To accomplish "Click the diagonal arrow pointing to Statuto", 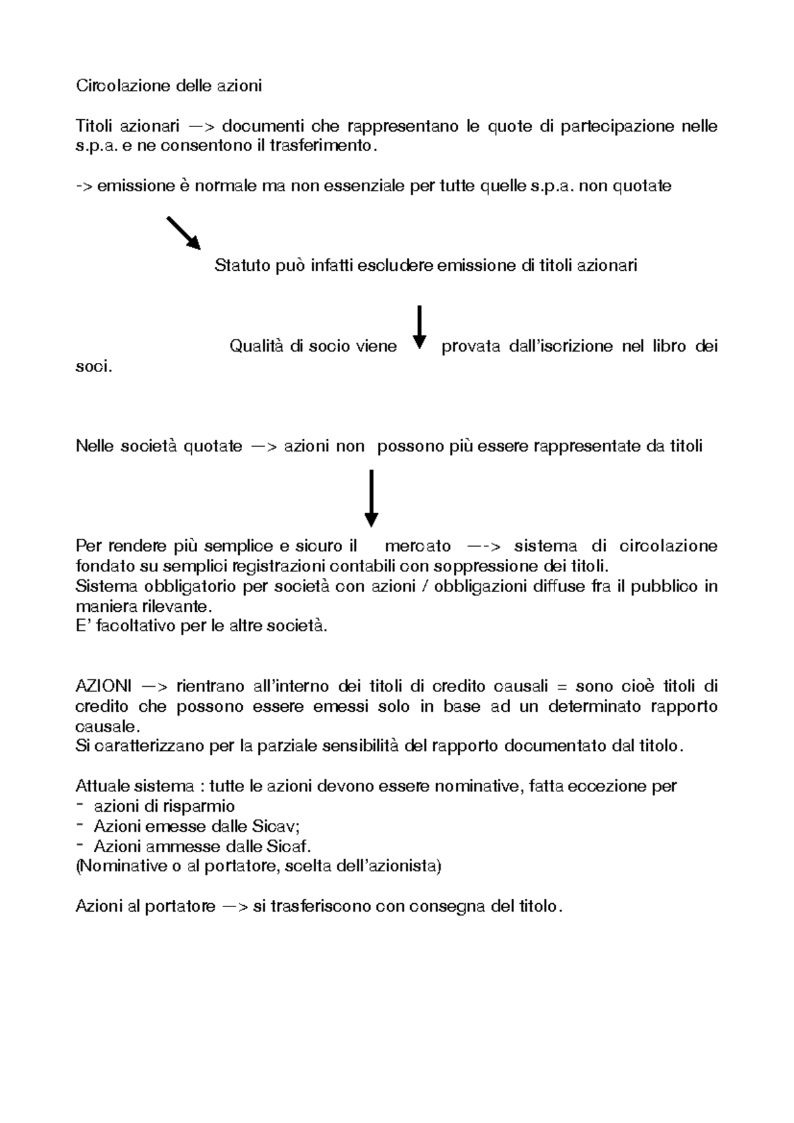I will (x=183, y=232).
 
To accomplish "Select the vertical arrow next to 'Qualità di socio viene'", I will (x=419, y=326).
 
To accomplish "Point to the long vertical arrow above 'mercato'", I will (x=371, y=497).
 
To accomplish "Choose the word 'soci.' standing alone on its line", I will (x=94, y=366).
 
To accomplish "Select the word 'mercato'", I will (x=418, y=546).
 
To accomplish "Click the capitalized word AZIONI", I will (x=103, y=686).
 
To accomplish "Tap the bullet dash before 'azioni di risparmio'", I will (x=80, y=805).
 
